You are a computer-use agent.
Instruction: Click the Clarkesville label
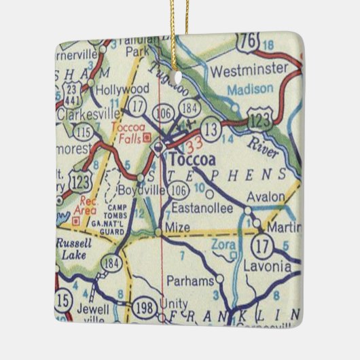point(86,114)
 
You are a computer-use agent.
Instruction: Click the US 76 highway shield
point(252,42)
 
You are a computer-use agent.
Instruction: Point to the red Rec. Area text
point(89,205)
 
